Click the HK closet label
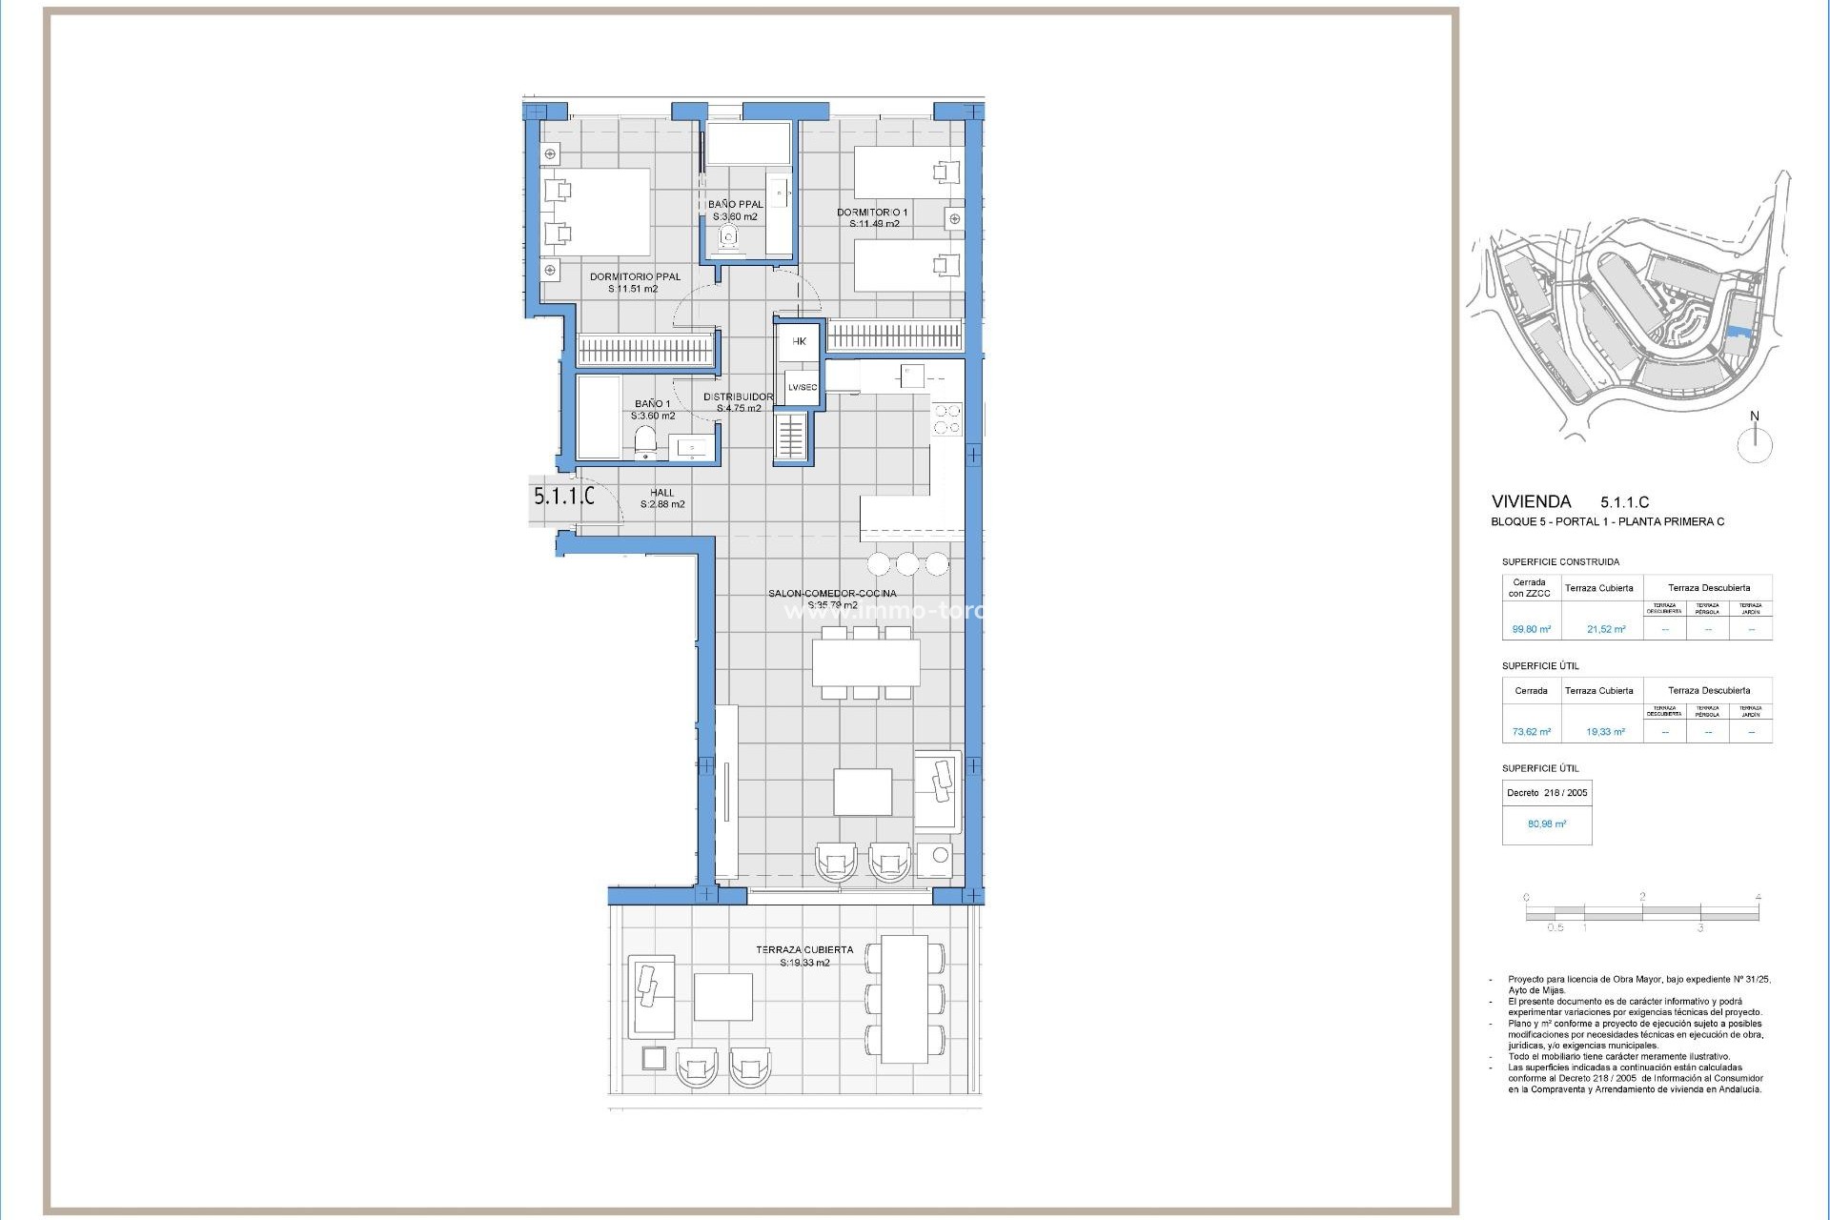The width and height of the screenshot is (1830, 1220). [x=799, y=341]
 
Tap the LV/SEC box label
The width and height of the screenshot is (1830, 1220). [x=802, y=387]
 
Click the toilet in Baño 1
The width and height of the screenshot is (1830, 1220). [x=645, y=442]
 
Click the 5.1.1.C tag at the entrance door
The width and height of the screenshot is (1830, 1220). [x=563, y=497]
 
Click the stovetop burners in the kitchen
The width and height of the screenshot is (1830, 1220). [x=946, y=420]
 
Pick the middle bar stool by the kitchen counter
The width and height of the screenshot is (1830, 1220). [x=907, y=564]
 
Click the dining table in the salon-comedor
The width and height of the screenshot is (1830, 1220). [x=865, y=662]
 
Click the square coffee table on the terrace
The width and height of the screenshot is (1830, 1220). [x=722, y=996]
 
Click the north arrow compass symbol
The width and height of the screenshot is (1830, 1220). [x=1755, y=443]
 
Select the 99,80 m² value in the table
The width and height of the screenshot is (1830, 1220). [x=1531, y=629]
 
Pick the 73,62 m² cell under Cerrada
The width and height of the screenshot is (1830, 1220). [x=1531, y=732]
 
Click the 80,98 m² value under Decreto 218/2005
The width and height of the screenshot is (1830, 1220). [x=1546, y=823]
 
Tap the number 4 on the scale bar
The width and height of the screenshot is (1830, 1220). [x=1758, y=897]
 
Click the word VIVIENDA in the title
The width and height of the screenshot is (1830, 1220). [x=1531, y=501]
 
